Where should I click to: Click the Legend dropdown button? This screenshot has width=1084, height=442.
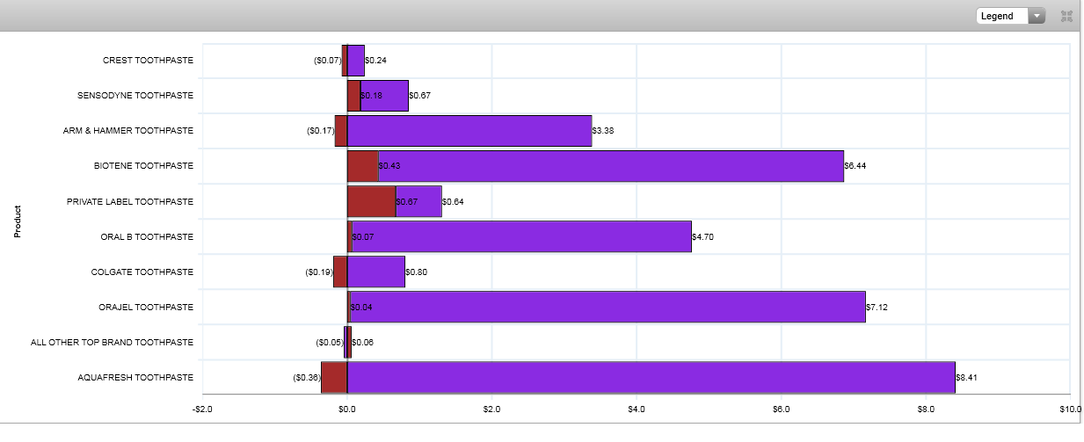[1010, 16]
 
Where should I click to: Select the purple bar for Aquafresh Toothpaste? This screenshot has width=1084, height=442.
[651, 377]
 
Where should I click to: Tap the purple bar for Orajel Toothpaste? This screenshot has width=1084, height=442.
[607, 307]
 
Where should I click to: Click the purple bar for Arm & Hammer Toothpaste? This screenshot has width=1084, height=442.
[469, 131]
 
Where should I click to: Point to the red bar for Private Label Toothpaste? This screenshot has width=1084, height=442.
[371, 201]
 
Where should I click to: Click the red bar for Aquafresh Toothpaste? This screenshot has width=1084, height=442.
[334, 377]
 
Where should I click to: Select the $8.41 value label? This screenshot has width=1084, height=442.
[967, 377]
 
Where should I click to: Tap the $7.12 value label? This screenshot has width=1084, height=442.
[877, 307]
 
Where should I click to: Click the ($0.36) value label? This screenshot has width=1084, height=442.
[306, 377]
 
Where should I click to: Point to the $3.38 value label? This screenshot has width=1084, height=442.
[603, 131]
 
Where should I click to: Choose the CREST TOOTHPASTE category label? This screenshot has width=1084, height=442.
[148, 61]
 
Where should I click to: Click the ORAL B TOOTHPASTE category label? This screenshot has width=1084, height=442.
[147, 236]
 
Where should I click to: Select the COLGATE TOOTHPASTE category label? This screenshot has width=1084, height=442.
[142, 272]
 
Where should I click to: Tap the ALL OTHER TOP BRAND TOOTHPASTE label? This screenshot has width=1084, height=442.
[112, 342]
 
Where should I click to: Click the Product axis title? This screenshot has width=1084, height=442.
[17, 222]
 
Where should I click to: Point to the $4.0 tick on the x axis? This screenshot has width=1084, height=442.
[637, 409]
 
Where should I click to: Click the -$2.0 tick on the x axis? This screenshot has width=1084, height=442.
[202, 409]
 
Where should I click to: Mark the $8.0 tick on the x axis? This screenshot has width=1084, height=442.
[926, 409]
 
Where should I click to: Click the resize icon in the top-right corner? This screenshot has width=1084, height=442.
[1066, 16]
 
